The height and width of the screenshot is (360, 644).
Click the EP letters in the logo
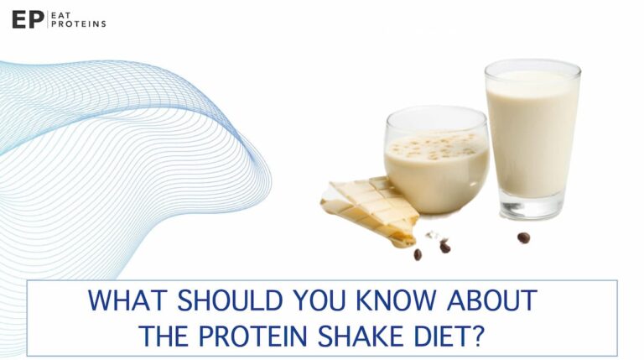[x=27, y=19]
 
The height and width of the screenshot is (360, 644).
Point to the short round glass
[x=436, y=164]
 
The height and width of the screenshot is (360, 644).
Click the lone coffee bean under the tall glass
[x=523, y=237]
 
